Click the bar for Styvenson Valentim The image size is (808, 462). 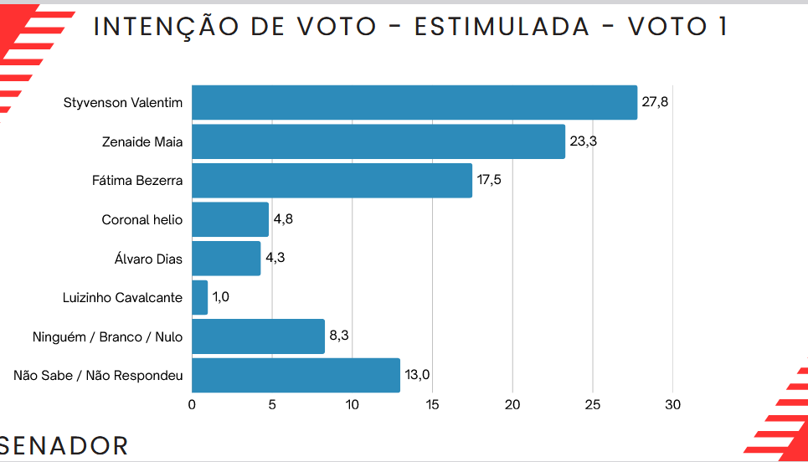[414, 103]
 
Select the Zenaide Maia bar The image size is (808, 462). [378, 141]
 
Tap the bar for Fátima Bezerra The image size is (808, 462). [332, 181]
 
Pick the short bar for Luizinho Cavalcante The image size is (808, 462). [199, 297]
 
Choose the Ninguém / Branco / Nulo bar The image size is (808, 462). [258, 336]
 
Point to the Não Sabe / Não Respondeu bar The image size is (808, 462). [296, 375]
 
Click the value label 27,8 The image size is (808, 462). [655, 103]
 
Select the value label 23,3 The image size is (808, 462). [583, 141]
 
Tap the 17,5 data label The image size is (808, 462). [490, 181]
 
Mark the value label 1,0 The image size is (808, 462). [221, 297]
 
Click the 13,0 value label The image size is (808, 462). [417, 375]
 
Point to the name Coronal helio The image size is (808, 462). [142, 220]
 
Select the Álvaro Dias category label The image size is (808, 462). [148, 259]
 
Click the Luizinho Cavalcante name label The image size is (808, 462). [122, 297]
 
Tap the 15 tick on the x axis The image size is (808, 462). [432, 405]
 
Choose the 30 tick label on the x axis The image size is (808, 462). [672, 405]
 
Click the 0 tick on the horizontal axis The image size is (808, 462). [192, 405]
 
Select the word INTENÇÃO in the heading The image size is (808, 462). [163, 27]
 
